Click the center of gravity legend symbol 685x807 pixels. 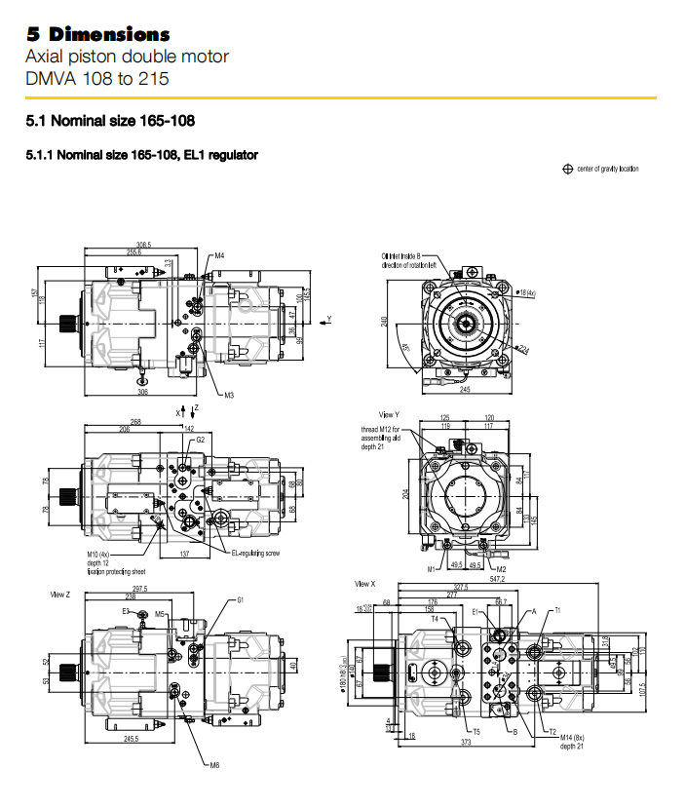[x=567, y=169]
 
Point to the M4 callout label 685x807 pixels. [x=220, y=255]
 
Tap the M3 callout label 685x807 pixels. [x=229, y=395]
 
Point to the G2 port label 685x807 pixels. [x=200, y=440]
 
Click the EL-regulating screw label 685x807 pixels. [x=255, y=553]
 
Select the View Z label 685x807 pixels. [x=60, y=592]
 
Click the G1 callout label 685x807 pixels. [x=241, y=600]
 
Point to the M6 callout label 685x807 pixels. [x=214, y=765]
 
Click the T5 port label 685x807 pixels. [x=476, y=731]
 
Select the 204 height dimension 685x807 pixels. [x=404, y=494]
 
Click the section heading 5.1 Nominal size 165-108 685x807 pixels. [x=111, y=122]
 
